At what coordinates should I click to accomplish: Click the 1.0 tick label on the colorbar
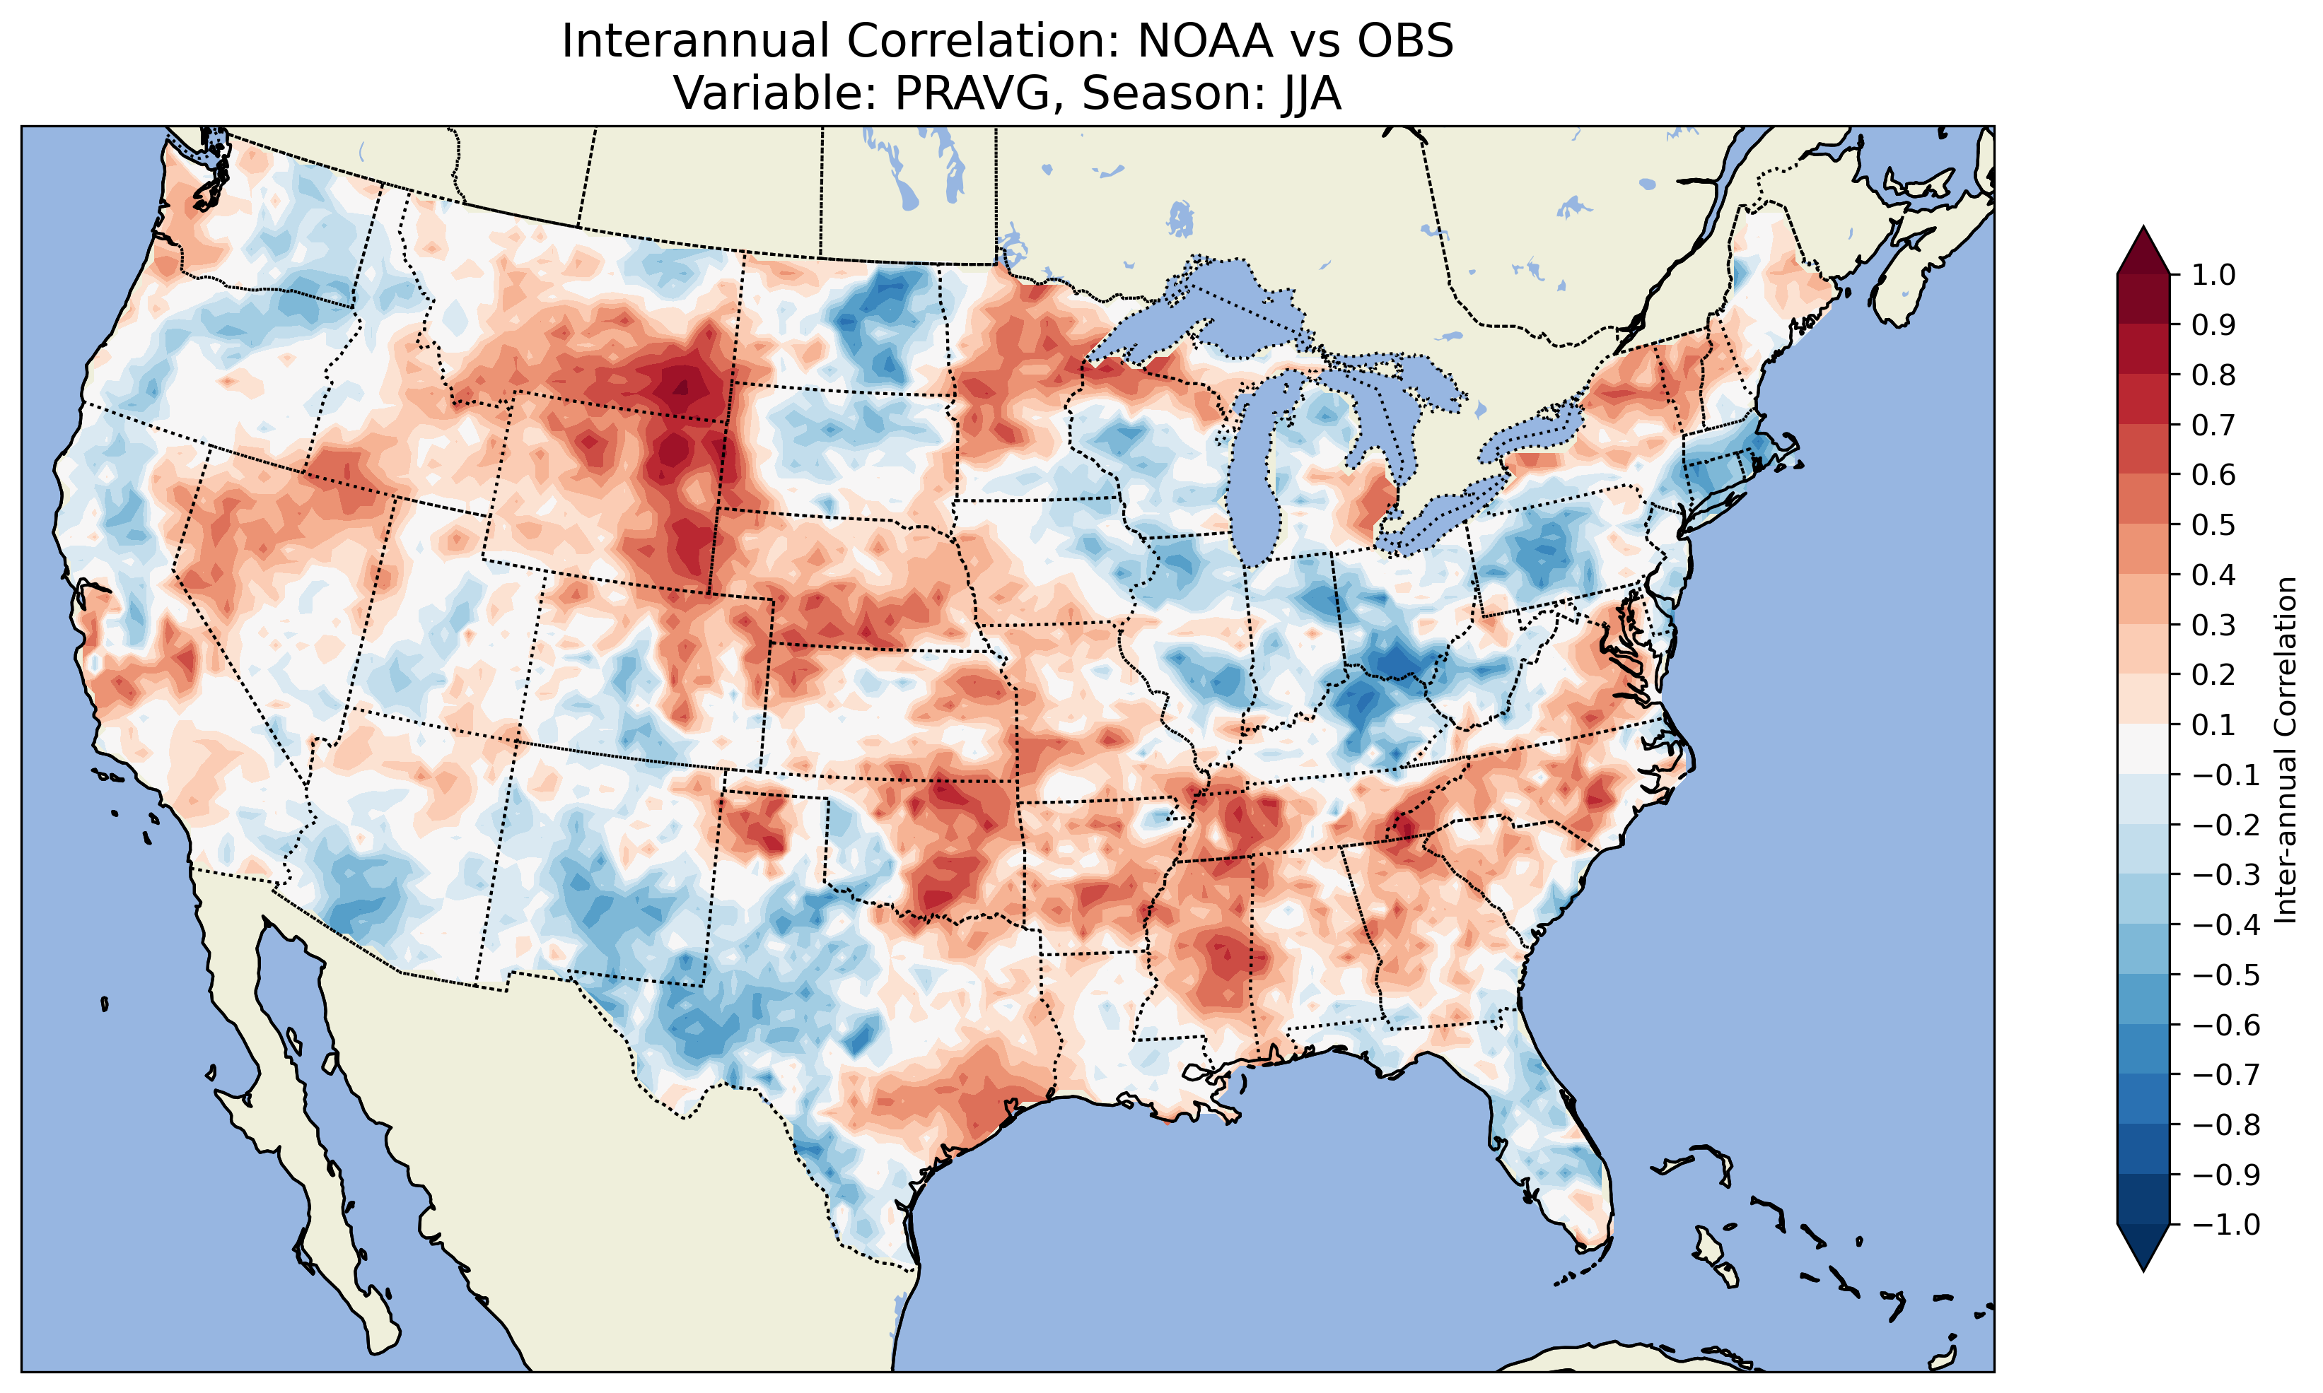tap(2213, 275)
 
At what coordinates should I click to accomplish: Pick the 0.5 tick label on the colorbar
tap(2213, 524)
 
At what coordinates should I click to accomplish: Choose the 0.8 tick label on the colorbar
tap(2213, 375)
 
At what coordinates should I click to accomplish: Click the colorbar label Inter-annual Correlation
tap(2286, 749)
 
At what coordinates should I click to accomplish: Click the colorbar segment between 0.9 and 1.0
tap(2143, 300)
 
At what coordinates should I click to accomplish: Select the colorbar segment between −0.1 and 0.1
tap(2143, 749)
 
